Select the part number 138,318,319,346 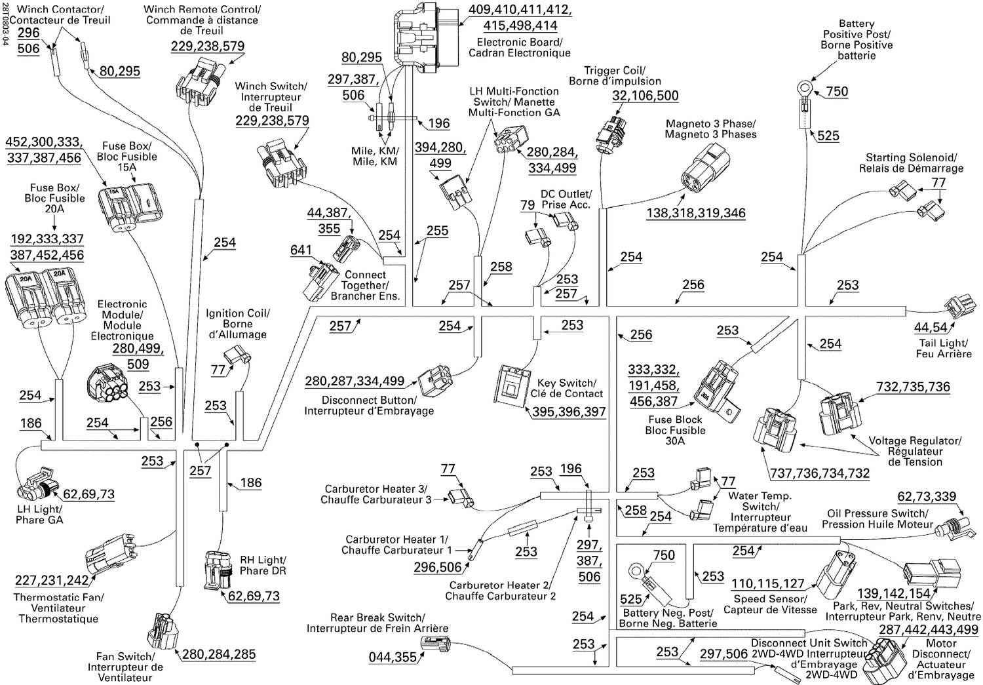tap(695, 213)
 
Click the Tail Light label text tap(943, 348)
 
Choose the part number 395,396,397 tap(568, 412)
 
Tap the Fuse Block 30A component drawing tap(716, 391)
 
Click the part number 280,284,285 tap(218, 654)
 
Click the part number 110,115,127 tap(767, 583)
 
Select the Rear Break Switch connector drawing tap(434, 646)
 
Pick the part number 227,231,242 tap(52, 581)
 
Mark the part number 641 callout tap(301, 250)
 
